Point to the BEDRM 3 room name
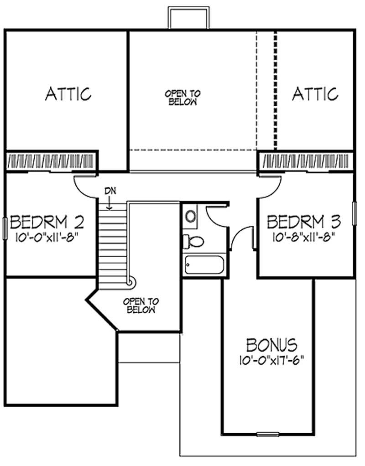click(303, 223)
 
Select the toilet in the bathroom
click(191, 241)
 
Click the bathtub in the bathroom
click(204, 264)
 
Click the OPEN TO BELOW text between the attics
click(182, 98)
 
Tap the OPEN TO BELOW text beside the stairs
click(141, 305)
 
